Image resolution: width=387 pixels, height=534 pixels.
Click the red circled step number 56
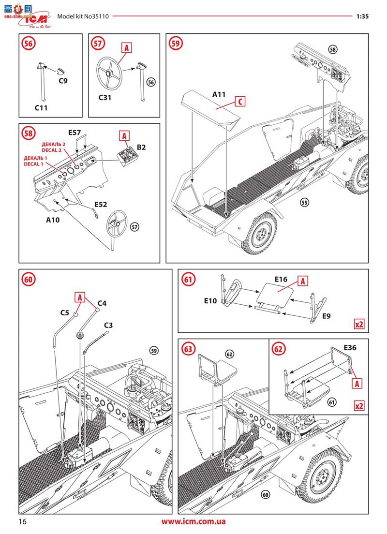pyautogui.click(x=30, y=43)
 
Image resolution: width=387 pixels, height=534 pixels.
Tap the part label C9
pyautogui.click(x=63, y=81)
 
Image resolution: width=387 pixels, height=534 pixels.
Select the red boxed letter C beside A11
pyautogui.click(x=240, y=102)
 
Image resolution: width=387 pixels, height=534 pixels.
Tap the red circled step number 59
pyautogui.click(x=177, y=43)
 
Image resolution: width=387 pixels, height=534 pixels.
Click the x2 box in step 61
pyautogui.click(x=358, y=324)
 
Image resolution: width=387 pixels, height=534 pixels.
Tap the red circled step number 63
pyautogui.click(x=188, y=348)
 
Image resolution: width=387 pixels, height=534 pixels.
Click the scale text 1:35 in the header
pyautogui.click(x=362, y=16)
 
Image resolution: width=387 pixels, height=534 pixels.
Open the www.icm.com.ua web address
pyautogui.click(x=193, y=521)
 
